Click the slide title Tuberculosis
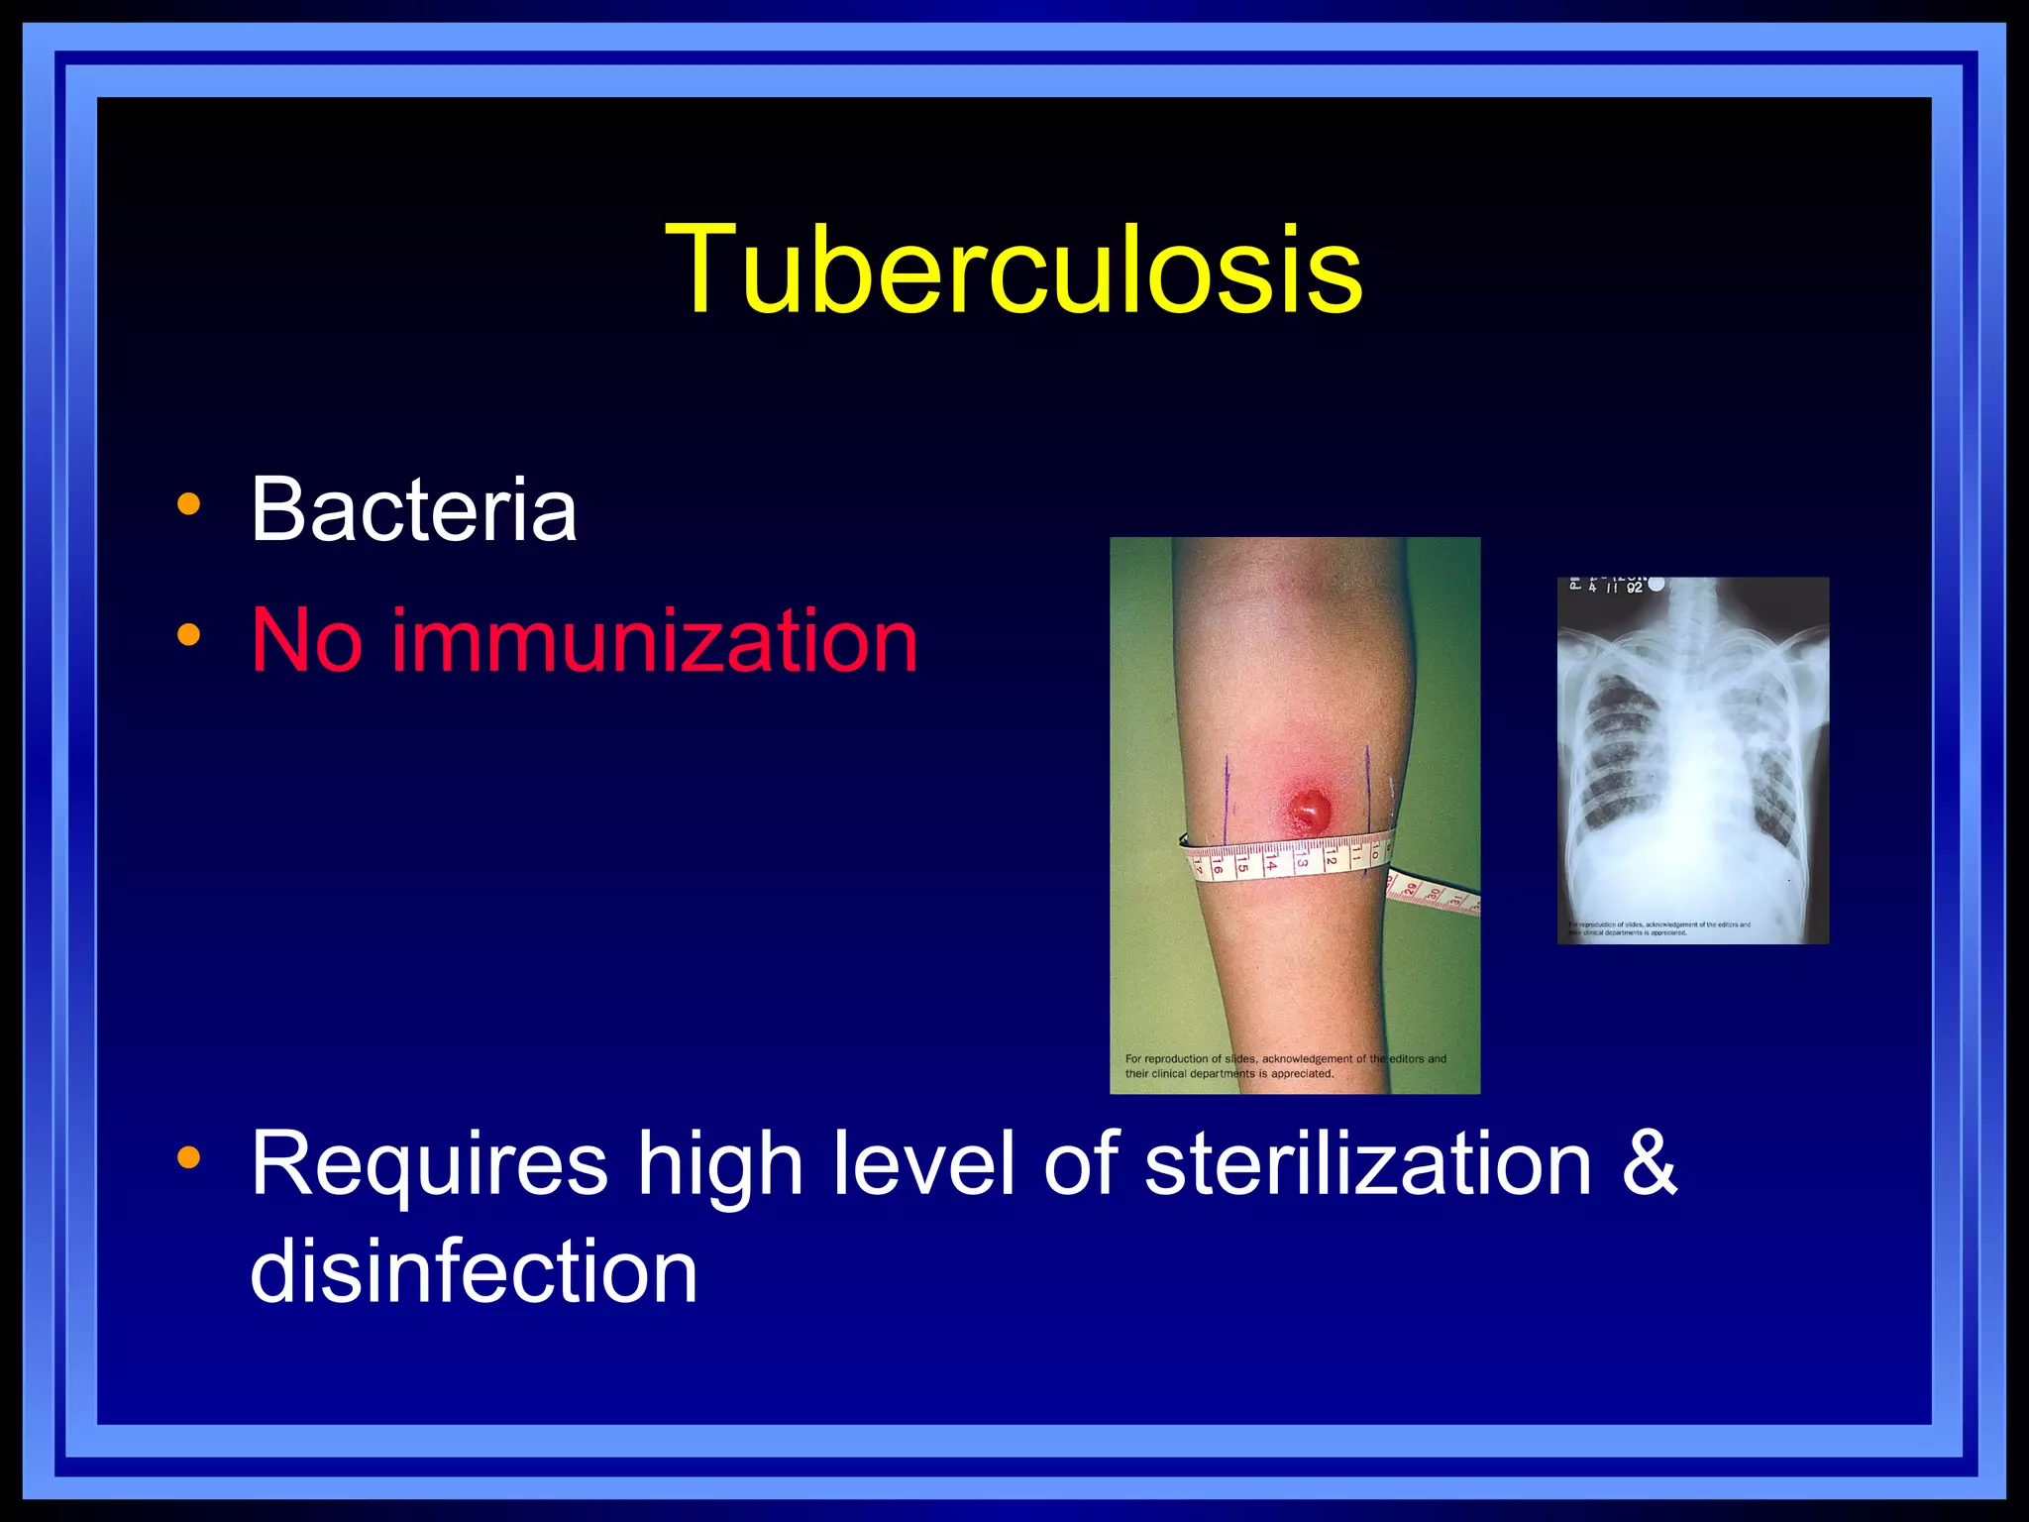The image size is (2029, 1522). (x=1014, y=270)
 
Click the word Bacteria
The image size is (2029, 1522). (x=413, y=509)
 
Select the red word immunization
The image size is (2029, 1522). (x=654, y=641)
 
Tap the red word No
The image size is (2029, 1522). (x=306, y=641)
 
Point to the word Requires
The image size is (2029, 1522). (x=428, y=1164)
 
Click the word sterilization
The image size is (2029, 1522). (x=1367, y=1164)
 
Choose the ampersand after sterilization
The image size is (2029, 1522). (x=1650, y=1164)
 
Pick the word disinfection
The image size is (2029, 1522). (x=474, y=1271)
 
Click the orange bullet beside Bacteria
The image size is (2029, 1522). (x=188, y=504)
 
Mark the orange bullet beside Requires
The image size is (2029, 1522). (x=188, y=1156)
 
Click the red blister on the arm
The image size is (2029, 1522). (x=1309, y=810)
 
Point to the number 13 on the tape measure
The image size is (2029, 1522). (x=1301, y=863)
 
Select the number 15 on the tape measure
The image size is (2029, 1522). (x=1242, y=868)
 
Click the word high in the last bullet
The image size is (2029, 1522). (x=719, y=1164)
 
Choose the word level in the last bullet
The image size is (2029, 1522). (x=923, y=1164)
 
